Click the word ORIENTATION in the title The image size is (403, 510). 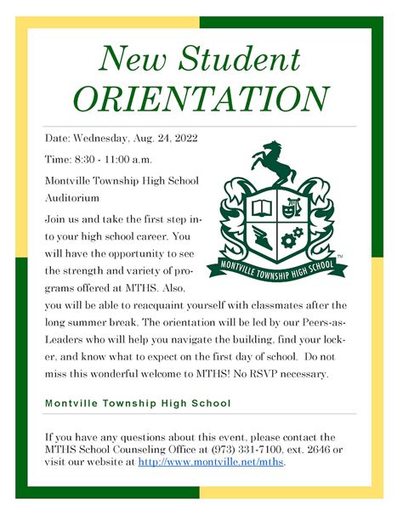201,98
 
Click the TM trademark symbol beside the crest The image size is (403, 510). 341,255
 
